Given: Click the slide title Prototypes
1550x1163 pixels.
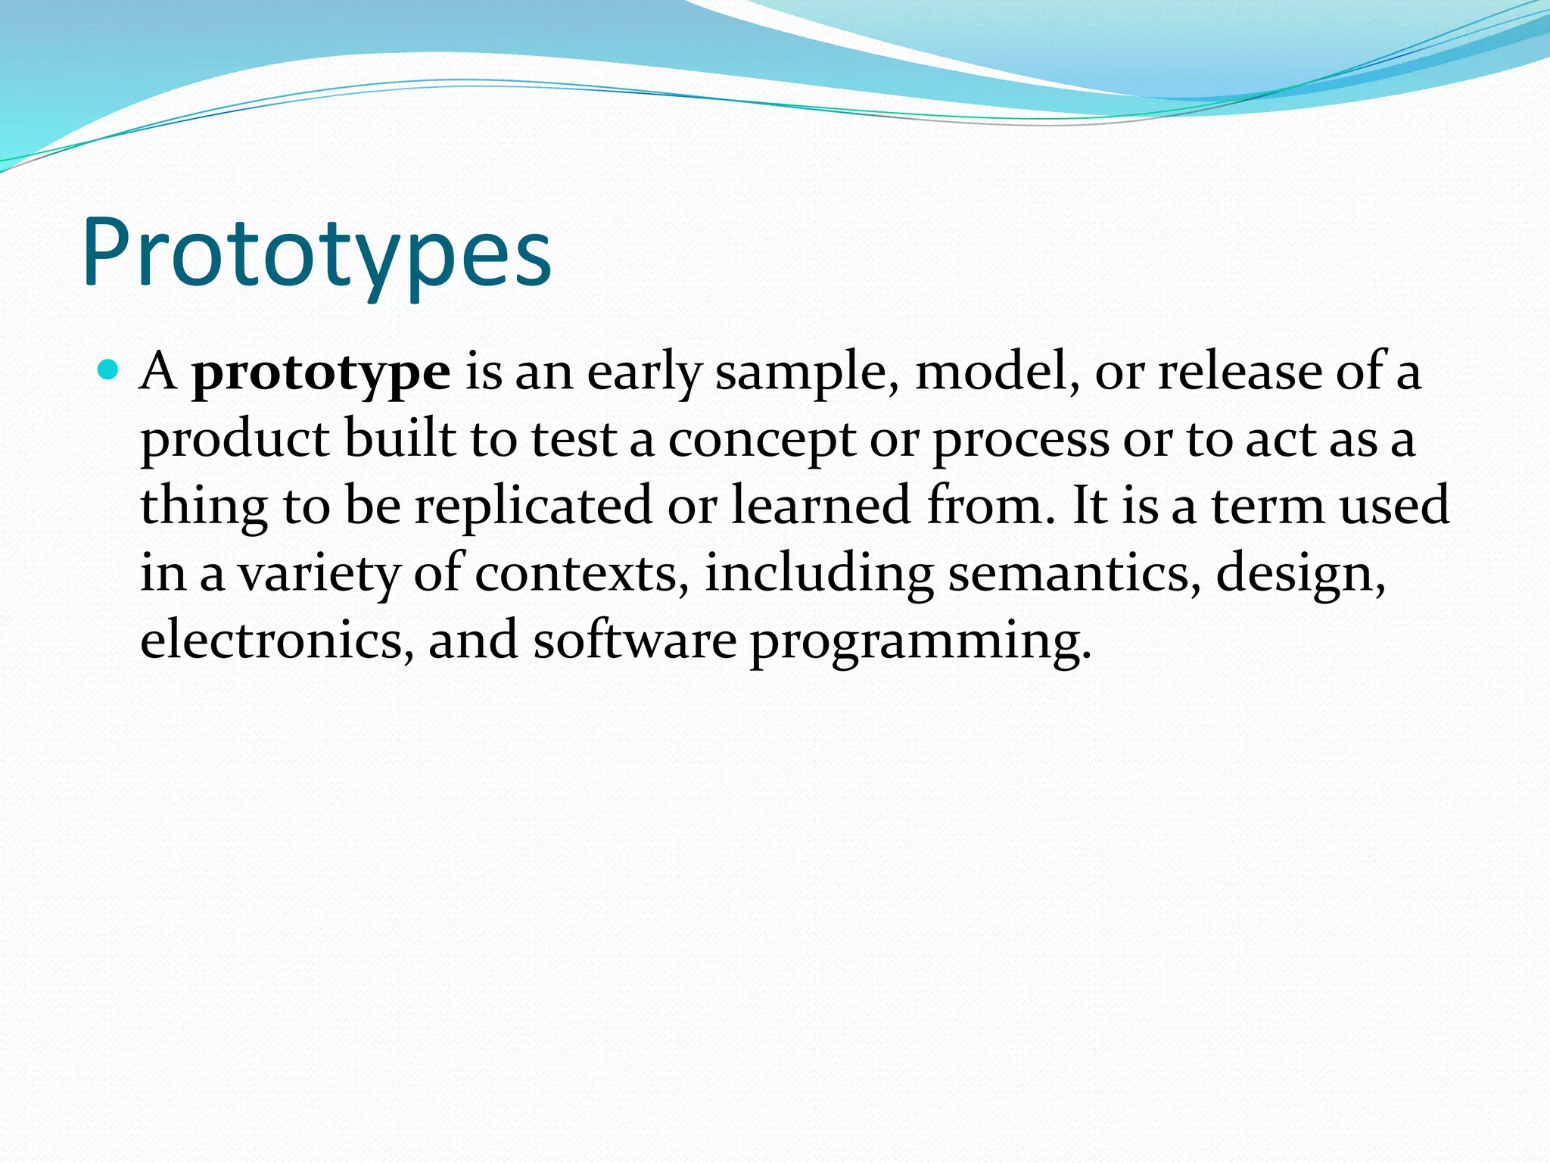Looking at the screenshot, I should [316, 254].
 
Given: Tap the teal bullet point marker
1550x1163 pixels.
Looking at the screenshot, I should [109, 370].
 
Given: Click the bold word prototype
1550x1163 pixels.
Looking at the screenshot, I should [321, 373].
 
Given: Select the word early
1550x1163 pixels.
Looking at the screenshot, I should [645, 373].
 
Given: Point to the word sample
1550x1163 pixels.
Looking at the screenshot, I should [807, 373].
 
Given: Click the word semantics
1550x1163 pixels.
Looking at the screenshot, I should [1074, 572].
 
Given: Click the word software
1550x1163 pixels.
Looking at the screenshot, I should [634, 640].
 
